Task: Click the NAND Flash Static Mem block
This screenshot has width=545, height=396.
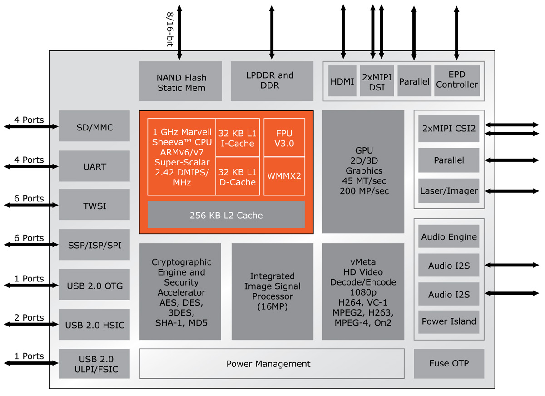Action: point(180,81)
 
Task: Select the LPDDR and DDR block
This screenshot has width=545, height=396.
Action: point(272,81)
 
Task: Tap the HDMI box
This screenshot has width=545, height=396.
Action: point(342,81)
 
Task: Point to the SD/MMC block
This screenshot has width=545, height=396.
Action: point(94,127)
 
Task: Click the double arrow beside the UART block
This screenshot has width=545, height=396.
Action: point(31,167)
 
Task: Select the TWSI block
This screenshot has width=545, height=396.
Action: point(94,206)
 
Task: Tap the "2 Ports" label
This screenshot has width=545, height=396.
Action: point(29,317)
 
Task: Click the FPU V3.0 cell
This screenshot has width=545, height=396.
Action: point(284,138)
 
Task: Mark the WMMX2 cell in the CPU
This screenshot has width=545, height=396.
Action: point(284,176)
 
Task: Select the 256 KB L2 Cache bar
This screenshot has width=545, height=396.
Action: point(226,215)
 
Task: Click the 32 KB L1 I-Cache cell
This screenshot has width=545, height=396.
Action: point(238,138)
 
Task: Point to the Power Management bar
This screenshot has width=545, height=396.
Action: point(272,364)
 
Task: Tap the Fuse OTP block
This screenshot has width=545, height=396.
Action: point(449,363)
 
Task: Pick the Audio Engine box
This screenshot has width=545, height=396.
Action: point(449,237)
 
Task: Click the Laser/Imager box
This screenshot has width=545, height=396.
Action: point(449,191)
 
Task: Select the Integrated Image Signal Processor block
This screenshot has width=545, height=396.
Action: point(272,291)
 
